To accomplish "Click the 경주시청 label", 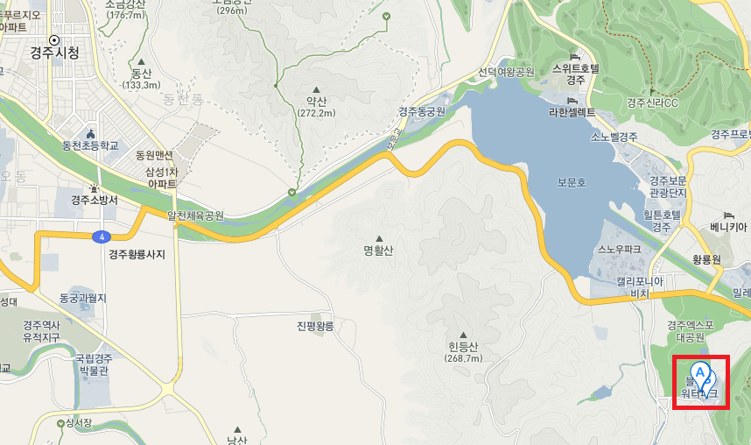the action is pyautogui.click(x=56, y=53).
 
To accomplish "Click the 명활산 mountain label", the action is pyautogui.click(x=380, y=251).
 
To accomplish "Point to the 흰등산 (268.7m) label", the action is pyautogui.click(x=463, y=351).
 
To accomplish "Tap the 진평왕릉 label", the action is pyautogui.click(x=316, y=326).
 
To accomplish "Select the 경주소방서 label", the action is pyautogui.click(x=95, y=200).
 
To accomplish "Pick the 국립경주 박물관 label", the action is pyautogui.click(x=94, y=364).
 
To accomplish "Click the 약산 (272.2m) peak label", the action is pyautogui.click(x=316, y=107).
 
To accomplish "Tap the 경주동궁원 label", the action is pyautogui.click(x=422, y=112).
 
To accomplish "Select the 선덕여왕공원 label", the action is pyautogui.click(x=506, y=73).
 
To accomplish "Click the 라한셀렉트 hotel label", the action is pyautogui.click(x=572, y=112).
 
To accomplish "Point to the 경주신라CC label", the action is pyautogui.click(x=652, y=102).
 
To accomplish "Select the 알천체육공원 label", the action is pyautogui.click(x=196, y=215).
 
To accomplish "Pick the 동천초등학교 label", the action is pyautogui.click(x=90, y=145).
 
